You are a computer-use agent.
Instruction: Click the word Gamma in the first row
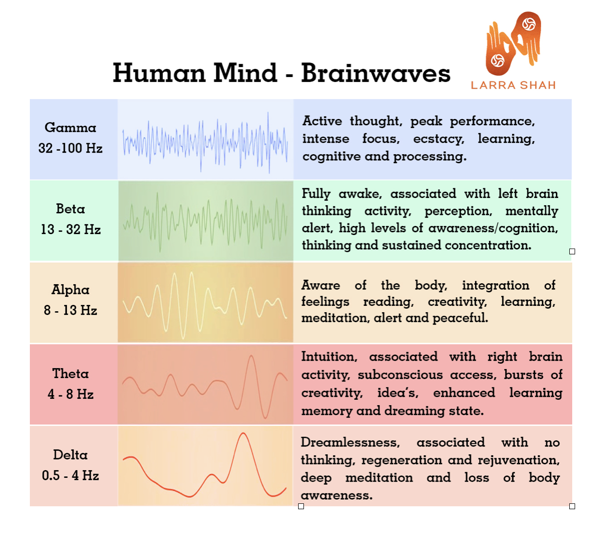tap(70, 128)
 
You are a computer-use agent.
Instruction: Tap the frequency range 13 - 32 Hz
tap(71, 229)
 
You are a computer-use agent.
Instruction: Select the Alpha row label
tap(70, 290)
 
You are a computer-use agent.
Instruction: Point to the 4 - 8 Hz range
tap(71, 394)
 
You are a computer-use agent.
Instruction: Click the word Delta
tap(70, 455)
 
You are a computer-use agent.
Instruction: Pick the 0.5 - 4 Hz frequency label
tap(70, 475)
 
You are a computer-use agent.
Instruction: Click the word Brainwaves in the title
tap(376, 73)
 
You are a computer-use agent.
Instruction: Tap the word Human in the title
tap(159, 73)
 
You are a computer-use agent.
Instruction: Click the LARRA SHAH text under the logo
tap(513, 85)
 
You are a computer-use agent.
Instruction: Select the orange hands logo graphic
tap(513, 43)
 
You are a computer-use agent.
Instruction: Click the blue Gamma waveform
tap(205, 142)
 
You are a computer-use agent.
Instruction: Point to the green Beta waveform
tap(205, 220)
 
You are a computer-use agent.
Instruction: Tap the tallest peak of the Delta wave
tap(243, 434)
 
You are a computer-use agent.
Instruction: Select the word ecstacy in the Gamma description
tap(438, 139)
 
